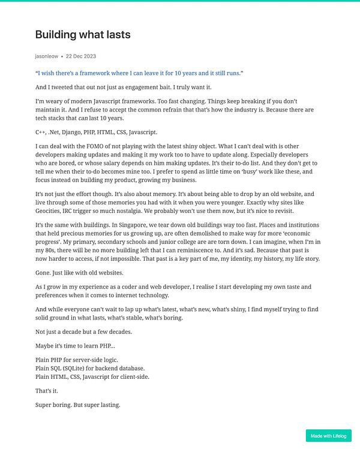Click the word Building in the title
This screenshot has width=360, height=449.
(57, 35)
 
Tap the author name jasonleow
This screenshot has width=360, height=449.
(47, 56)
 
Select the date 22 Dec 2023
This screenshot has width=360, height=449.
(81, 56)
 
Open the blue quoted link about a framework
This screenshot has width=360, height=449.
(139, 73)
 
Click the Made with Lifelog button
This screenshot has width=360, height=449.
(328, 436)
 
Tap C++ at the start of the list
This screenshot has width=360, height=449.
(41, 132)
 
